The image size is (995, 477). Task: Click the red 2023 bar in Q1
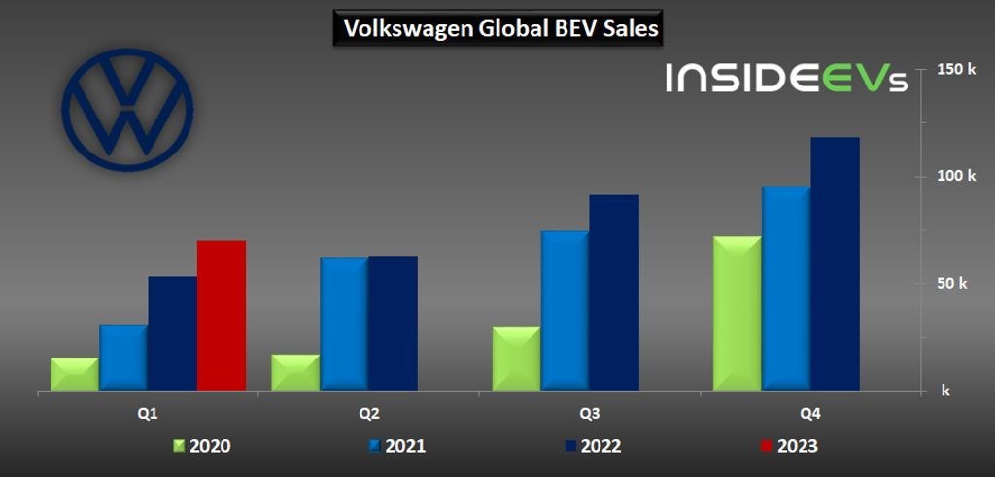click(222, 316)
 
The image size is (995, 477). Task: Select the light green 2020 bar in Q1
click(75, 375)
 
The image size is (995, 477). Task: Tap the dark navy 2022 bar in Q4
click(836, 264)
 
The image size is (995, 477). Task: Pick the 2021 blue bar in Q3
click(566, 311)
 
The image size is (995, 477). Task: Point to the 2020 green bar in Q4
click(738, 314)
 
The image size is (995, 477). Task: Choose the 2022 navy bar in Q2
click(393, 324)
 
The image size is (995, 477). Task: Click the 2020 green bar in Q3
click(516, 359)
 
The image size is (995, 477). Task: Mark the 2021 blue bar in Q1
click(123, 358)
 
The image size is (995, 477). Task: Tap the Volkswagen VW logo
click(127, 110)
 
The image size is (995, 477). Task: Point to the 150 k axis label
click(956, 69)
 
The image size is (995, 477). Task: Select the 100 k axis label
click(956, 176)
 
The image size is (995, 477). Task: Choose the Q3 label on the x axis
click(589, 413)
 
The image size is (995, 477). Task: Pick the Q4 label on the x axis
click(809, 413)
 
